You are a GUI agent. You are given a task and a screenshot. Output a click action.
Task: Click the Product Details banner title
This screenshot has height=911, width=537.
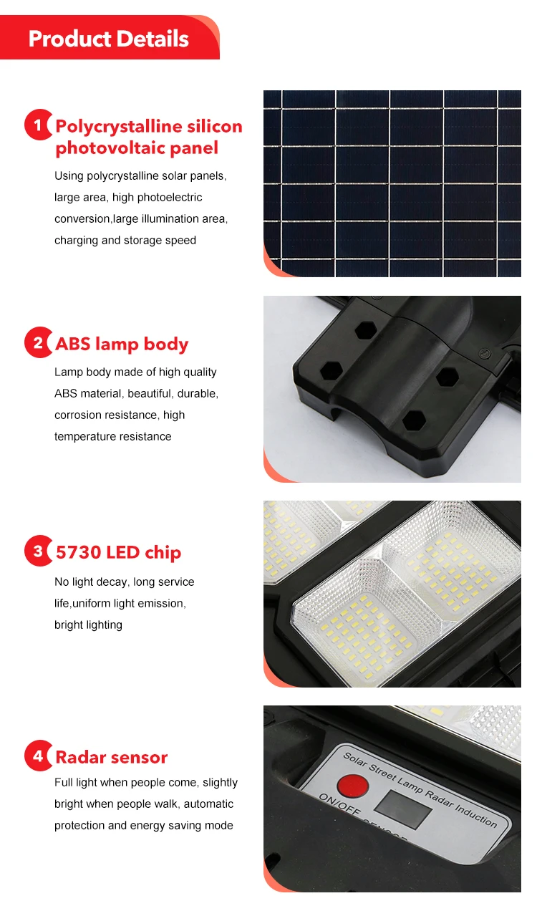point(109,39)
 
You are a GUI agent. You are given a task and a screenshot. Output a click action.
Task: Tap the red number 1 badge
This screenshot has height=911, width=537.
point(38,125)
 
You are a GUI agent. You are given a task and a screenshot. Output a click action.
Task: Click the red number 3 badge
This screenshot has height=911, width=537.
point(38,551)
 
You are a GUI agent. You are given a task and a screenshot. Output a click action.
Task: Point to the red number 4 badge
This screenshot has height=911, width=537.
point(38,756)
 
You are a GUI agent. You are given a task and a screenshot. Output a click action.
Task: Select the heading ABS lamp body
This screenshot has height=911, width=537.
point(122,344)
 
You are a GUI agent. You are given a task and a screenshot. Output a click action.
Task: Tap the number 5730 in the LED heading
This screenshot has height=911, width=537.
point(79,552)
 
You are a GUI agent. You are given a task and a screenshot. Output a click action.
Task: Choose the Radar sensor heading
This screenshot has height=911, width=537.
point(112,757)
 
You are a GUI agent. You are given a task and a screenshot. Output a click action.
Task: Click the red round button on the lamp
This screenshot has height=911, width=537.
point(352,787)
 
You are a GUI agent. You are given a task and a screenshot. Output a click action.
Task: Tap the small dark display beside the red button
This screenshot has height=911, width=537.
point(404,809)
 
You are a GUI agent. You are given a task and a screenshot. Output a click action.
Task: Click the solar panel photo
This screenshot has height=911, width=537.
point(392,183)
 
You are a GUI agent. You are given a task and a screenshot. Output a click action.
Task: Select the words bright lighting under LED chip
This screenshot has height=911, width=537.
point(88,625)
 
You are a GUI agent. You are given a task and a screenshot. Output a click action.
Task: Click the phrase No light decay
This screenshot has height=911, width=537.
point(92,582)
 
